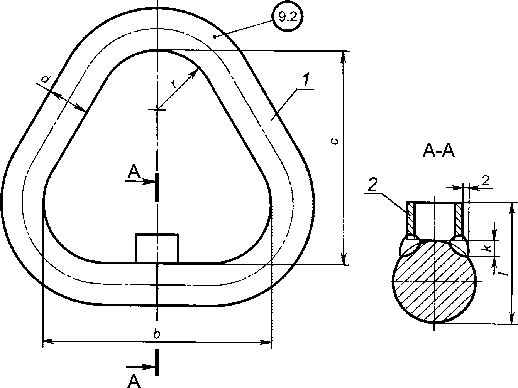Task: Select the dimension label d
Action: click(45, 79)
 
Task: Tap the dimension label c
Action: click(335, 141)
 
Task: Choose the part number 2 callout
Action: click(372, 185)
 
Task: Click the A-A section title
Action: click(438, 151)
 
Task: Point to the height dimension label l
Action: click(504, 273)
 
